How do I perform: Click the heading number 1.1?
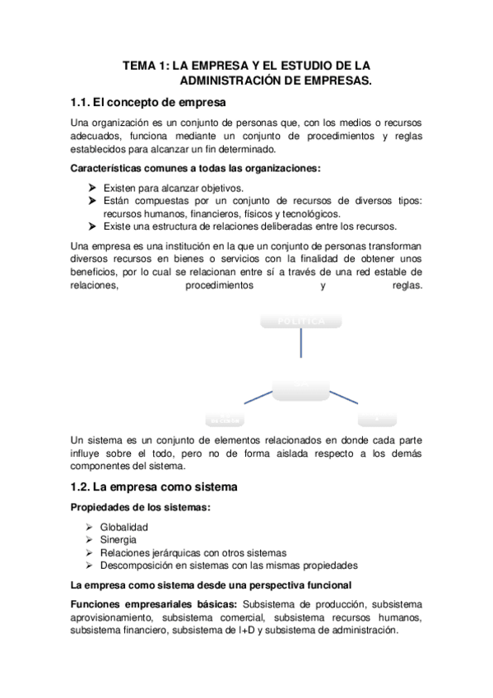pyautogui.click(x=86, y=103)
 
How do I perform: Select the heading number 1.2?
pyautogui.click(x=86, y=486)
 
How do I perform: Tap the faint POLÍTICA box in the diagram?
pyautogui.click(x=300, y=320)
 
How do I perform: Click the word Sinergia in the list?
pyautogui.click(x=119, y=540)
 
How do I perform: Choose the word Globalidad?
pyautogui.click(x=124, y=527)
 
